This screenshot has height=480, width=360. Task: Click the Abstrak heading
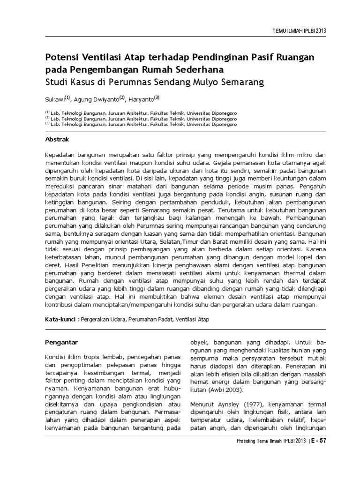pyautogui.click(x=57, y=139)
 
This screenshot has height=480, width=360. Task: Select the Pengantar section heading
pyautogui.click(x=61, y=342)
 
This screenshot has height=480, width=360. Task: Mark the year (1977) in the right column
pyautogui.click(x=249, y=404)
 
